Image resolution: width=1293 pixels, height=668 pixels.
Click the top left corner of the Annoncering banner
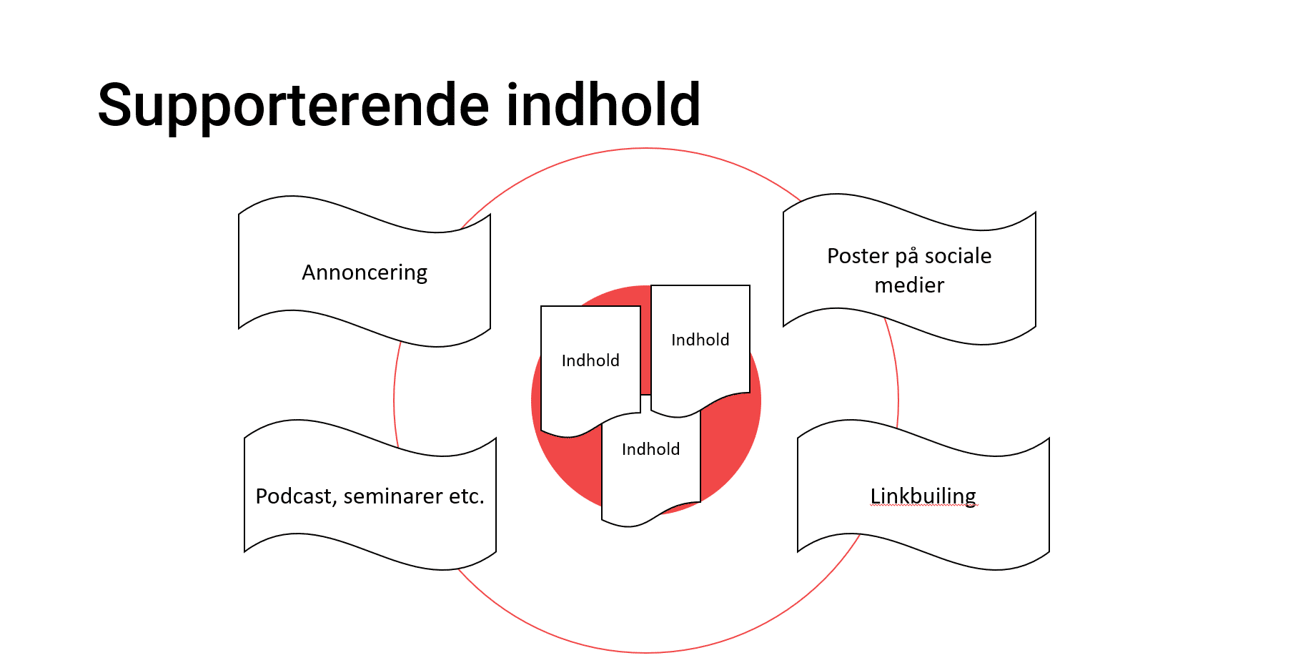pos(239,213)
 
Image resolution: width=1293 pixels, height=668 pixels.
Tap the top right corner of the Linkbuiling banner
pos(1049,438)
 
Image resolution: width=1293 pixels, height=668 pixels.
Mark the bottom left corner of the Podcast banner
pos(244,551)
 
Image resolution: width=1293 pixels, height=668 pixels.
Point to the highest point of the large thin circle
pos(646,148)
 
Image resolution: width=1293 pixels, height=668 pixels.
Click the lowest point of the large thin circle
pos(646,652)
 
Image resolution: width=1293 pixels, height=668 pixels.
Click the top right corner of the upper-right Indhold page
pos(750,285)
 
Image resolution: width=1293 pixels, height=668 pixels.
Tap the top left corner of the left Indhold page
pos(541,306)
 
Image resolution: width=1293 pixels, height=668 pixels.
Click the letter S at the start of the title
pos(117,105)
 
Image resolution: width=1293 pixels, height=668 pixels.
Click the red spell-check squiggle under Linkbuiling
pos(923,506)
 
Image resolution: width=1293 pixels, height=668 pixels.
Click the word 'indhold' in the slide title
pos(604,104)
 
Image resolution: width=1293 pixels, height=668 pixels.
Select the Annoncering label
pos(365,273)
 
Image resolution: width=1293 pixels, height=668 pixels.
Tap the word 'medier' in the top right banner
pos(909,285)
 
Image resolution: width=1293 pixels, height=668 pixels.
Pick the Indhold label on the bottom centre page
pos(650,449)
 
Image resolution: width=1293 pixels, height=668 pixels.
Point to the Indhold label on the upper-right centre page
pos(700,340)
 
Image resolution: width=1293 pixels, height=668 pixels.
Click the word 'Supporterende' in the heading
pos(293,106)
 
